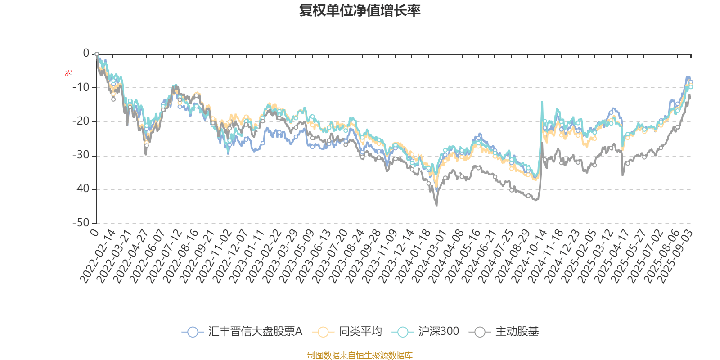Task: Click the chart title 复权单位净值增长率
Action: [x=360, y=10]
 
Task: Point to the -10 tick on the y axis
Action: [x=81, y=87]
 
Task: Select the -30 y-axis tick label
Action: [x=81, y=155]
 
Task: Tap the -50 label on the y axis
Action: [x=81, y=223]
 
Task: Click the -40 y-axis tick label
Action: [x=81, y=189]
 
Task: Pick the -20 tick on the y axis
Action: [x=81, y=121]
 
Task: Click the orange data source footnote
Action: [x=360, y=355]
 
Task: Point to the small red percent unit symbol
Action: [x=68, y=73]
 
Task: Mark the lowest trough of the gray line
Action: [x=436, y=206]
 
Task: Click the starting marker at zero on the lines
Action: [x=97, y=54]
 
